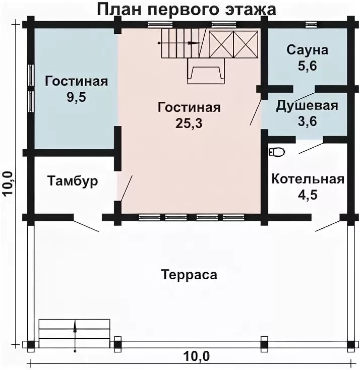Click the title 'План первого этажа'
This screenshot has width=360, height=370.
186,9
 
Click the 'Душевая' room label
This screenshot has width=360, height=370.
307,106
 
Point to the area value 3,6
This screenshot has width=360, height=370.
307,121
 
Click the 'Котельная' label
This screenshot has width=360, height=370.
308,179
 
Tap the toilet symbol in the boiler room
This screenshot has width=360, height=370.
277,151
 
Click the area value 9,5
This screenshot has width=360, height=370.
76,97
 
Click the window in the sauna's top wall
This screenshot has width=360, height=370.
312,24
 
